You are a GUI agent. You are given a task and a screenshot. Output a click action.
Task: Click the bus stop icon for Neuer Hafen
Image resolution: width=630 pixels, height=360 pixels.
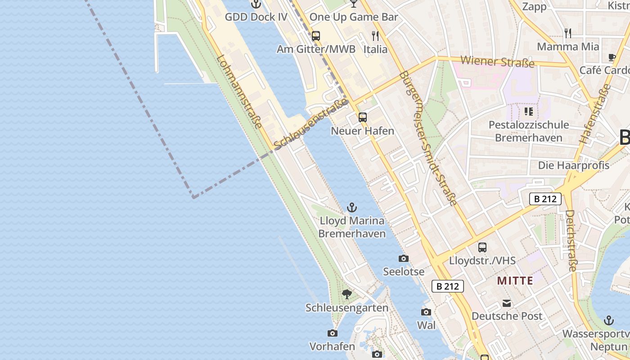[363, 117]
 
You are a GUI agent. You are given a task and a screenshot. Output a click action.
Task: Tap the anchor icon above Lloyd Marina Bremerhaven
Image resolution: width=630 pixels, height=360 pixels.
[352, 207]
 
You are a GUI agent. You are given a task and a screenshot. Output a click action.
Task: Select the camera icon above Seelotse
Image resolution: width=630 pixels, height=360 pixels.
[404, 258]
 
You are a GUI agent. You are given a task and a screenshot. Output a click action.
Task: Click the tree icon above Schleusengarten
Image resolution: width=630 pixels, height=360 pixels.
[346, 294]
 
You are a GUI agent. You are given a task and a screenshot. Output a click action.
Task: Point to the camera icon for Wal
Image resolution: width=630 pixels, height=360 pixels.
[426, 312]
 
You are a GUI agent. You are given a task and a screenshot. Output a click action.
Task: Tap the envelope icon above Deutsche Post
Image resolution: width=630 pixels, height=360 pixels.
[507, 303]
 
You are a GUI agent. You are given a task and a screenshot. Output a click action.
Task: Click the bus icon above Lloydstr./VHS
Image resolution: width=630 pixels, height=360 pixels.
[482, 247]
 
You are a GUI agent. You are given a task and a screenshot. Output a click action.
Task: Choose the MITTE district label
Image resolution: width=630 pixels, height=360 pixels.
[515, 281]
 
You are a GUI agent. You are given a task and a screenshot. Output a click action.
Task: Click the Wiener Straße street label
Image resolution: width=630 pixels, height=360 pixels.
[497, 61]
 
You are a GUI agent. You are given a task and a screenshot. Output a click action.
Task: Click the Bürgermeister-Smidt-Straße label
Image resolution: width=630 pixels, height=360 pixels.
[428, 138]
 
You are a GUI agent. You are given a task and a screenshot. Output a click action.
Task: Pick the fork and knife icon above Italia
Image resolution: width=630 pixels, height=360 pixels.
[375, 36]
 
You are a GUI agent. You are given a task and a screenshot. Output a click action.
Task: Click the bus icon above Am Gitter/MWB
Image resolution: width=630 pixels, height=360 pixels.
[316, 36]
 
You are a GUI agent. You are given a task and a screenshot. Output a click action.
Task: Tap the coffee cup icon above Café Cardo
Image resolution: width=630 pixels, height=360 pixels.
[612, 57]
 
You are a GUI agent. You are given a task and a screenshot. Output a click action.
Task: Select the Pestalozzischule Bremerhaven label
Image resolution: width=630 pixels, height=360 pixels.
[529, 131]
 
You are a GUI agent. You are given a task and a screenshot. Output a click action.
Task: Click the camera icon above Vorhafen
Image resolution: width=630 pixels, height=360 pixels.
[333, 333]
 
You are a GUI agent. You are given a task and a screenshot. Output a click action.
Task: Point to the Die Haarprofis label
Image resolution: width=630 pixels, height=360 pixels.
[574, 165]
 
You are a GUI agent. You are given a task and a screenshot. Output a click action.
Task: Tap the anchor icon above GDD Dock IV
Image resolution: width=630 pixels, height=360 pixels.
[256, 4]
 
